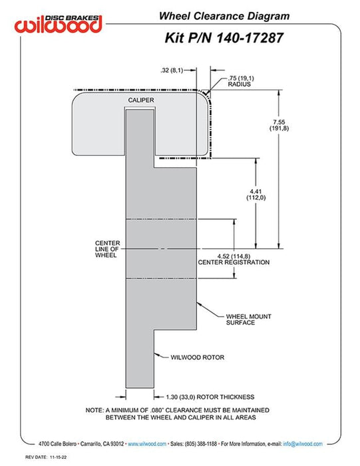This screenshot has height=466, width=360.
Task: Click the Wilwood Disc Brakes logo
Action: coord(58,24)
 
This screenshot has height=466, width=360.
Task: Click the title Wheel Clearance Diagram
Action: coord(224,16)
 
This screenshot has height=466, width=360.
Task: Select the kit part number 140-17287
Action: coord(250,38)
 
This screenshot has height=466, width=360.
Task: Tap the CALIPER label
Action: coord(141,100)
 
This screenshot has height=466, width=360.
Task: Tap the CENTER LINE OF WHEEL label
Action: coord(107,249)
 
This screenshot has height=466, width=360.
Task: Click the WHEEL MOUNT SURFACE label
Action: coord(249,320)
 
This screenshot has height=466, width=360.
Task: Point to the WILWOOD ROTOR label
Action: coord(197,357)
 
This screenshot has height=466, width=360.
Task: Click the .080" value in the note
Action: coord(156,410)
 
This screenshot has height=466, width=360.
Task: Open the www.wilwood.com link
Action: coord(147,444)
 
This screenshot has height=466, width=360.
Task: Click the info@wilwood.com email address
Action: coord(303,444)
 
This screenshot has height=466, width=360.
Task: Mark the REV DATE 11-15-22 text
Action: coord(46,457)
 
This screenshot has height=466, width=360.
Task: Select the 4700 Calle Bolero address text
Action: coord(57,444)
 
